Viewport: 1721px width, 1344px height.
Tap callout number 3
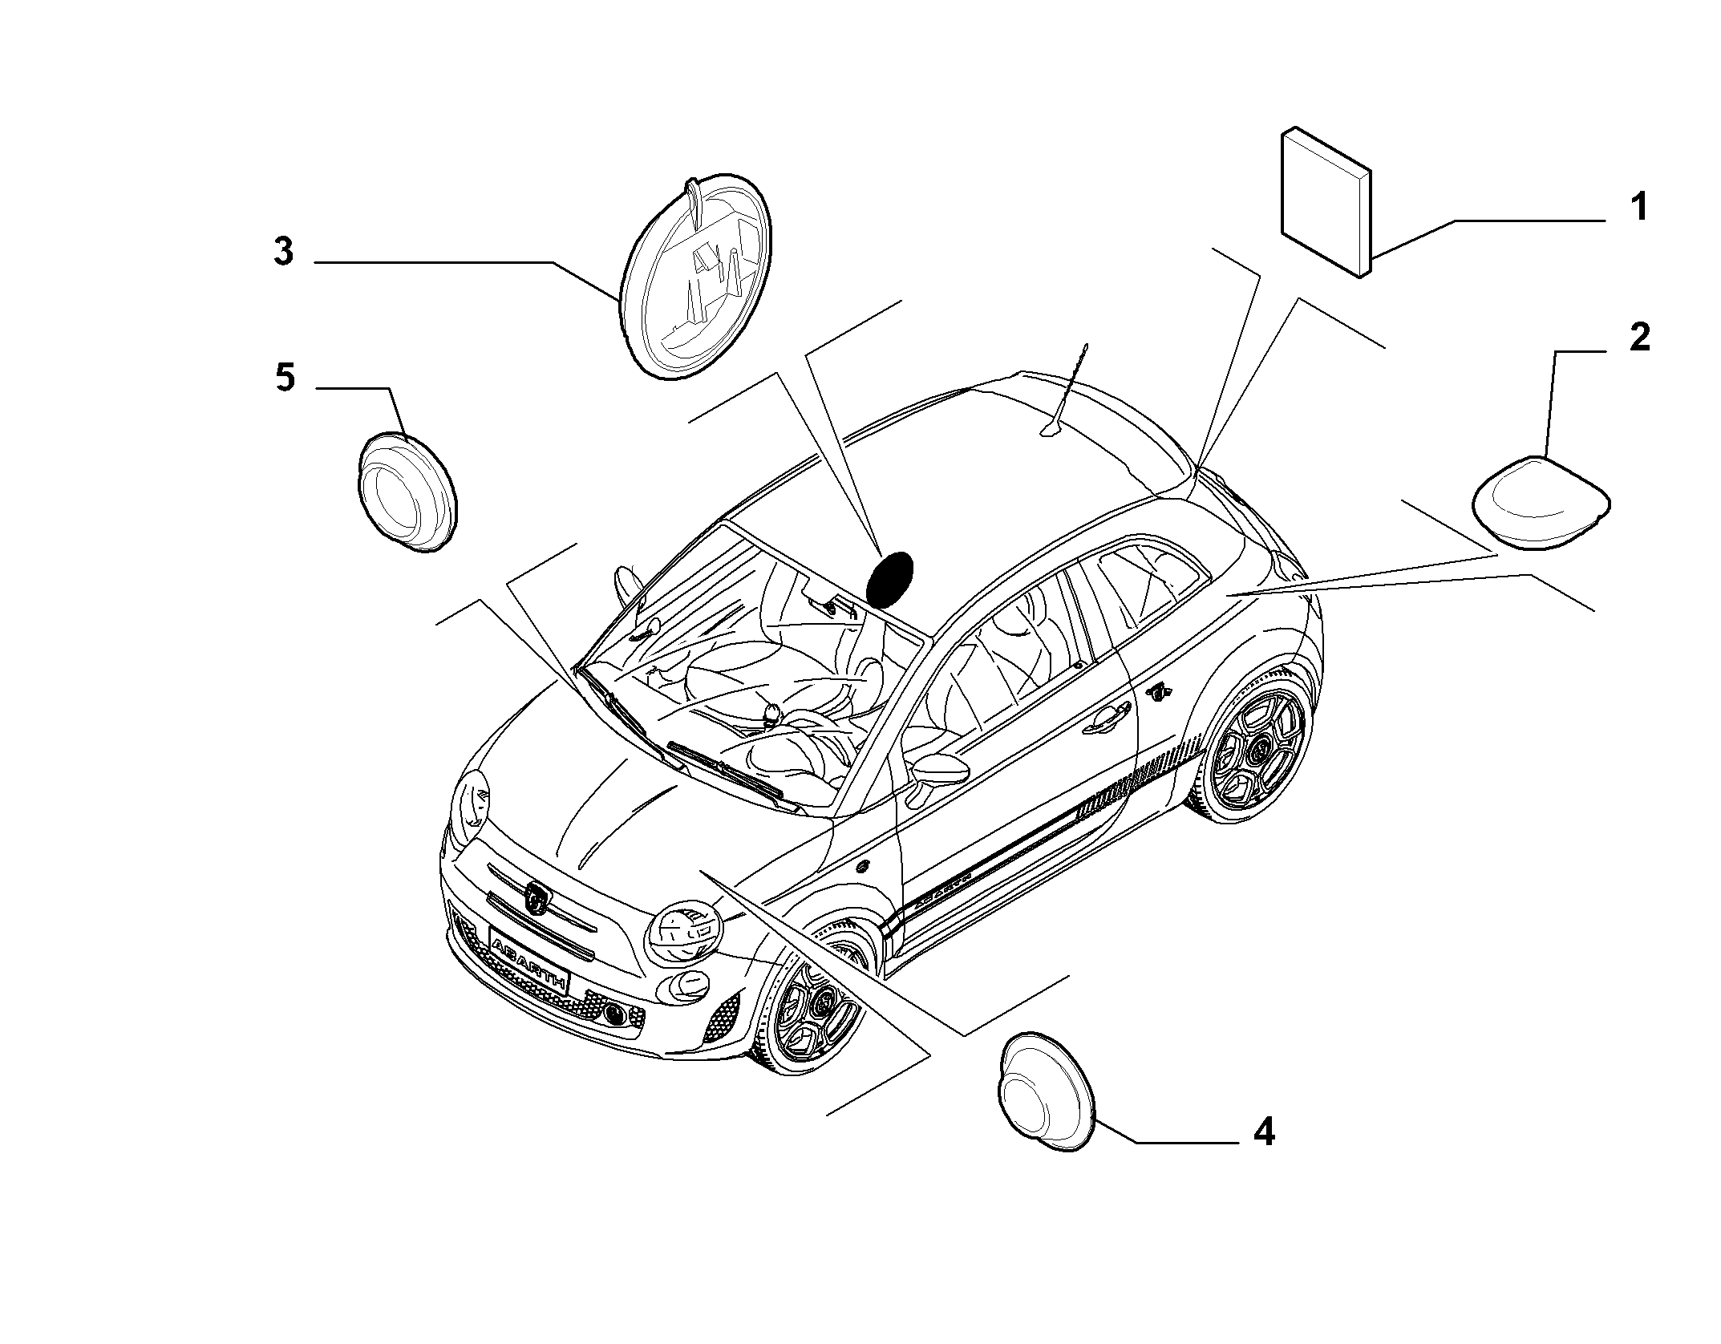coord(283,252)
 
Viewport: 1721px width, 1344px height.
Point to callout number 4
coord(1263,1132)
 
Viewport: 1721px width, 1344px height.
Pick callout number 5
coord(285,377)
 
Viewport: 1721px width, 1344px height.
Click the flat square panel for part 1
coord(1326,202)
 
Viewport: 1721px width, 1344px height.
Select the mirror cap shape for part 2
coord(1543,503)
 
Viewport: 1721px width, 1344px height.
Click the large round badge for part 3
coord(696,275)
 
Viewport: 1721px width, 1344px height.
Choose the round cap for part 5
coord(406,492)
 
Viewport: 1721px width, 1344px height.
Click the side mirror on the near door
coord(940,771)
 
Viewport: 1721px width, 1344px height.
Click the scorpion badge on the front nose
coord(537,898)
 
